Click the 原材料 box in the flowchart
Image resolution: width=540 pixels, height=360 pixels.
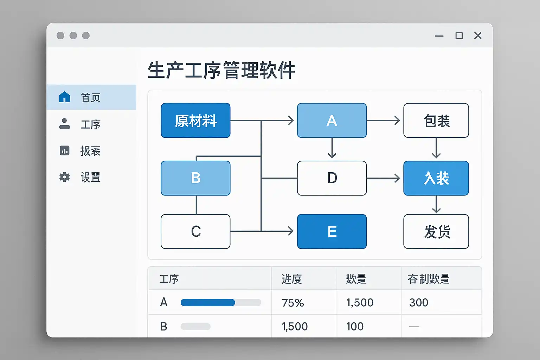pyautogui.click(x=195, y=121)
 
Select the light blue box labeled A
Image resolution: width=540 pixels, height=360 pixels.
pyautogui.click(x=332, y=121)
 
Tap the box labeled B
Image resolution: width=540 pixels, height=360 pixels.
pyautogui.click(x=195, y=178)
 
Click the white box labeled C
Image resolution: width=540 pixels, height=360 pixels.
pyautogui.click(x=195, y=231)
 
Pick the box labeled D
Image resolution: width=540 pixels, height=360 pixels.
pyautogui.click(x=332, y=178)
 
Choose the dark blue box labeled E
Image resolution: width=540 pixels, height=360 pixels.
pyautogui.click(x=332, y=231)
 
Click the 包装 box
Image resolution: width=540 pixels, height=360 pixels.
pyautogui.click(x=436, y=121)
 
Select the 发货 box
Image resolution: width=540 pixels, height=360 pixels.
pyautogui.click(x=436, y=231)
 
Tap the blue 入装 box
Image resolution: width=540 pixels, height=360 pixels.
pyautogui.click(x=436, y=178)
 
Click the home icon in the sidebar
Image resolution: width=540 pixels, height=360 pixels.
pyautogui.click(x=64, y=97)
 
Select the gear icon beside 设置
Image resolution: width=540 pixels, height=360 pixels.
pyautogui.click(x=64, y=177)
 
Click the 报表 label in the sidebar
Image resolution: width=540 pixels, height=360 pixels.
pyautogui.click(x=90, y=151)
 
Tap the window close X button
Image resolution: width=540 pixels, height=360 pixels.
pyautogui.click(x=478, y=36)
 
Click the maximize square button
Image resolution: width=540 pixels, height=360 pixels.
pyautogui.click(x=459, y=36)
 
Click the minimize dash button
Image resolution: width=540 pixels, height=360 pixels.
pyautogui.click(x=439, y=36)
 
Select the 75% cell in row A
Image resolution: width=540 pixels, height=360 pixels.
pyautogui.click(x=293, y=303)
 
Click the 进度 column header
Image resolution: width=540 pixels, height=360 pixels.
pyautogui.click(x=292, y=279)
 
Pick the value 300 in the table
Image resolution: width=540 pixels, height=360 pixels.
pyautogui.click(x=419, y=303)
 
